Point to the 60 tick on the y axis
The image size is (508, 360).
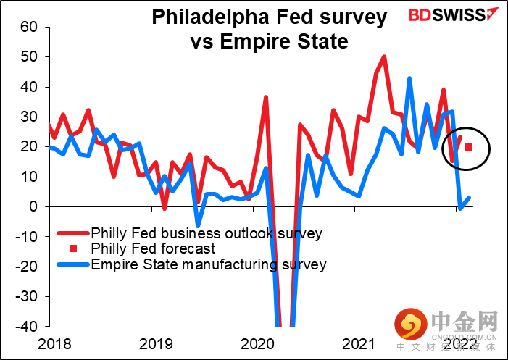click(29, 27)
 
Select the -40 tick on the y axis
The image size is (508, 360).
click(27, 327)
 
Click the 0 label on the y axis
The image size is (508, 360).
click(34, 206)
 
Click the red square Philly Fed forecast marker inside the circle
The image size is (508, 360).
click(469, 147)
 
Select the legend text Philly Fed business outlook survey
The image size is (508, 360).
click(207, 233)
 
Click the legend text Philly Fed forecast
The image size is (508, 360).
click(153, 248)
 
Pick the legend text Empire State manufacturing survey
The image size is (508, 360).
click(209, 264)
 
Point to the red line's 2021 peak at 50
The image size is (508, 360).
click(384, 56)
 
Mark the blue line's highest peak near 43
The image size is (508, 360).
click(409, 78)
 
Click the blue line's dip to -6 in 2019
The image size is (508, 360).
click(199, 225)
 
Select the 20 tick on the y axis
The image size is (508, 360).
click(29, 146)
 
